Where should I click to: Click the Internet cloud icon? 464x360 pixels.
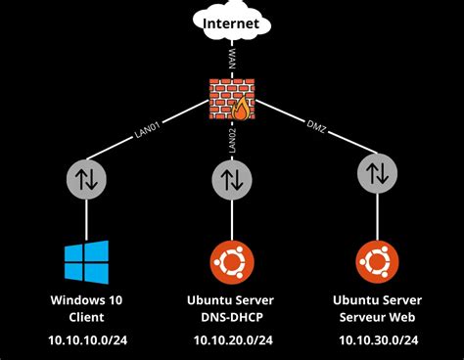[x=232, y=26]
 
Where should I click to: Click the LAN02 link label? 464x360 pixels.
[x=233, y=139]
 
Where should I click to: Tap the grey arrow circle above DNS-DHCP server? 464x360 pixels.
[x=232, y=178]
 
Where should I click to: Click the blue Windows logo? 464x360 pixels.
[x=86, y=261]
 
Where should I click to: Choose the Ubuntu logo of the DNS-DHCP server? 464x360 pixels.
[x=232, y=261]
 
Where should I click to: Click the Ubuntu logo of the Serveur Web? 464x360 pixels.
[x=377, y=261]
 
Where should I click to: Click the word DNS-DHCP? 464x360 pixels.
[x=232, y=317]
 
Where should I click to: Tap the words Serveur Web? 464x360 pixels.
[x=377, y=317]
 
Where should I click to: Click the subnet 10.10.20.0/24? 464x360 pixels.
[x=232, y=339]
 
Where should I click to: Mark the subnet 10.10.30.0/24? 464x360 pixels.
[x=377, y=339]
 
